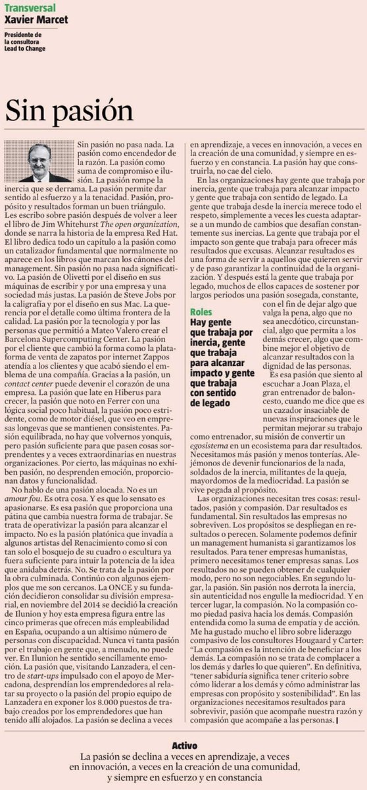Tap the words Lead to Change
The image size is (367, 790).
pos(28,55)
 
